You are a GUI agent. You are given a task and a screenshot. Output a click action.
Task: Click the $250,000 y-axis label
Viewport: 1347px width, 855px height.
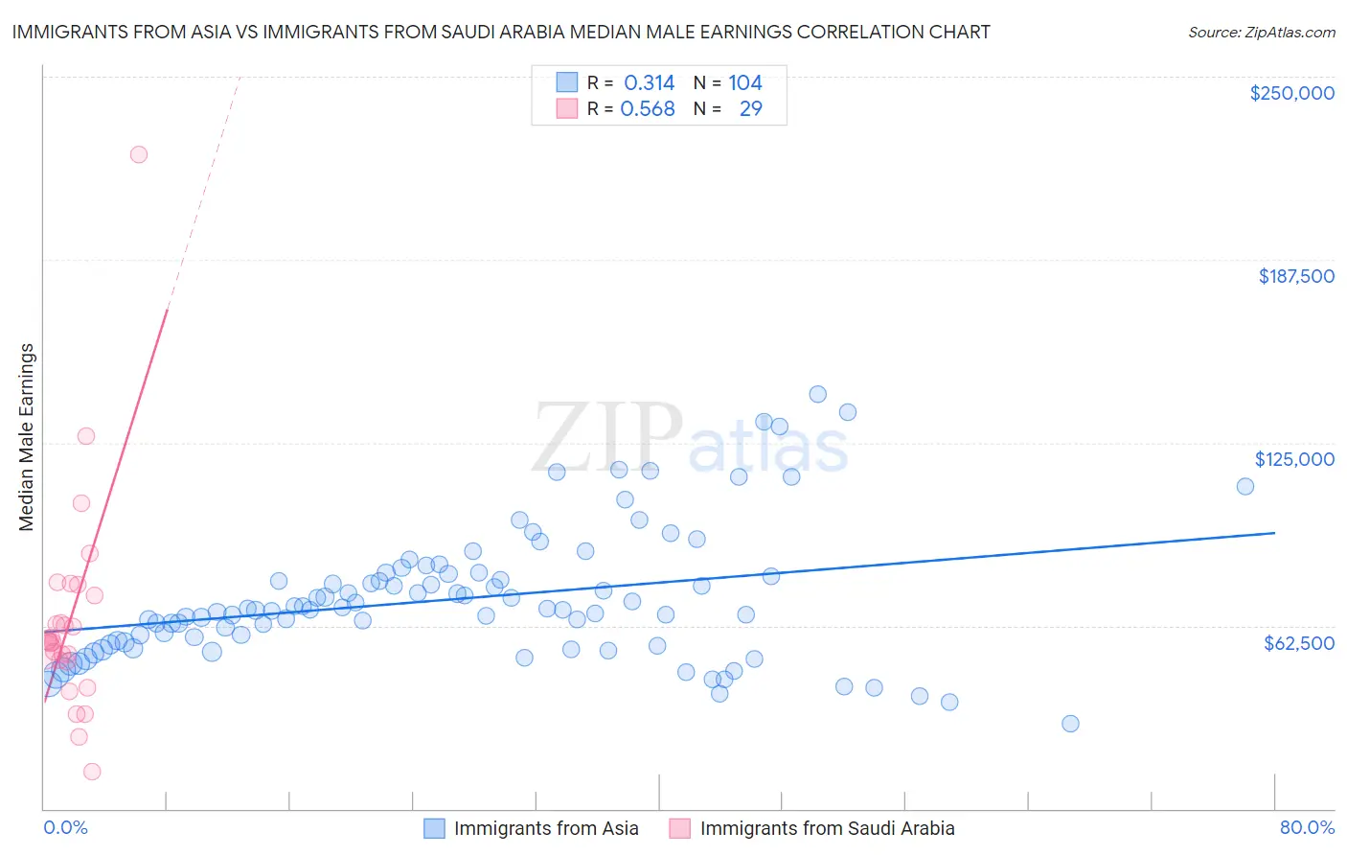[1291, 93]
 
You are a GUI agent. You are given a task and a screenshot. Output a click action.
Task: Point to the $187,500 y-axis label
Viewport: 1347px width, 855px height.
[1295, 276]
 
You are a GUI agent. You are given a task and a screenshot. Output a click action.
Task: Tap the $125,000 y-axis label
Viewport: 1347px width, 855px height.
[1294, 459]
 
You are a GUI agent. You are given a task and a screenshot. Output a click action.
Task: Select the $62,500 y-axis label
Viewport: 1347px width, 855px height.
[1298, 643]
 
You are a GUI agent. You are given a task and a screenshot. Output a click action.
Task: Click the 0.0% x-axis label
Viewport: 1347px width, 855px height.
[65, 827]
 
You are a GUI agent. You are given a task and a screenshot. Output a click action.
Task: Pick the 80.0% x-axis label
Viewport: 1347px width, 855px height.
[1307, 827]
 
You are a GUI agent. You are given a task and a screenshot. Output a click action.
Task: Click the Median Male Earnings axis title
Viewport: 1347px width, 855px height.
[27, 437]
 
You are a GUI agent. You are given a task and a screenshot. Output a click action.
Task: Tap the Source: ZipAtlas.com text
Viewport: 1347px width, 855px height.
[1261, 33]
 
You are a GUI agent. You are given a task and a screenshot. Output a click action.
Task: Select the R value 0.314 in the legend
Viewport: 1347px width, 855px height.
[649, 83]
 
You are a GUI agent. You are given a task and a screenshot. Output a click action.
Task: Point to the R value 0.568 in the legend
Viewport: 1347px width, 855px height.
[648, 109]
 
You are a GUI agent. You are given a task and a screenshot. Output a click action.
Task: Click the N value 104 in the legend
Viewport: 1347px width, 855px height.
[744, 83]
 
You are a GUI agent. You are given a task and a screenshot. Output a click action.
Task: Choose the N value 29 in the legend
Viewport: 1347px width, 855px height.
[750, 109]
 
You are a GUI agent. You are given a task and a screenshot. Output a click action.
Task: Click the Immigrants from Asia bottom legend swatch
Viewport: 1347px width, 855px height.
[434, 828]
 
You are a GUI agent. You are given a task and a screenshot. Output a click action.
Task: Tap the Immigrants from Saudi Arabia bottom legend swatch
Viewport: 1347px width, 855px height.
[679, 828]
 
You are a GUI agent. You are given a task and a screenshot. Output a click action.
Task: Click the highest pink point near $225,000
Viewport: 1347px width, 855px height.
[139, 154]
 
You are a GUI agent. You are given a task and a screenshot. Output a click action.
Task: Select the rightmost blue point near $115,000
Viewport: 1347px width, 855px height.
[1244, 486]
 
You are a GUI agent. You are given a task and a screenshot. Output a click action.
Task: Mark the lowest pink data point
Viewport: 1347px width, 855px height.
[92, 772]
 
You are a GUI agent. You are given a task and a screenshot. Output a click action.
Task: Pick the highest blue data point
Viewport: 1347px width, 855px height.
[817, 394]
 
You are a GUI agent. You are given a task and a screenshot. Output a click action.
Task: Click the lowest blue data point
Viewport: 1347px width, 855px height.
[1070, 724]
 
